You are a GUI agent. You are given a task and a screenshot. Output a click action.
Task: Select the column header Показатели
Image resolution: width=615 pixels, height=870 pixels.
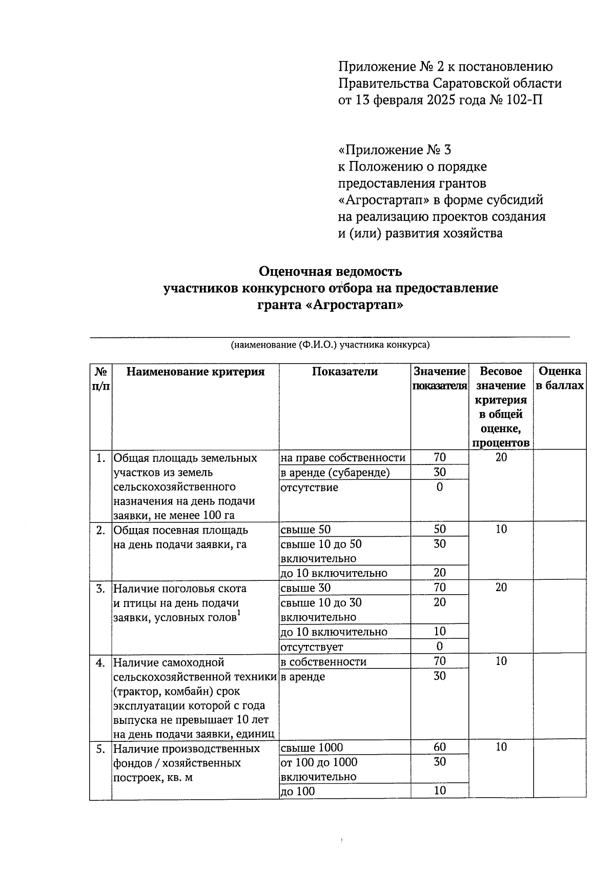(x=344, y=372)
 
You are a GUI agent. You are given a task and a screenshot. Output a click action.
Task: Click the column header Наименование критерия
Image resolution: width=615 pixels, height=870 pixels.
(x=195, y=372)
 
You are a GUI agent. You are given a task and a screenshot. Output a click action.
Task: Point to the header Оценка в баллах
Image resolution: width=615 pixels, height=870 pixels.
(x=560, y=378)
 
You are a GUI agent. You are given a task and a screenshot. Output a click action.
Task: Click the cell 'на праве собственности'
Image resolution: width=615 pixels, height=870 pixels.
(x=343, y=458)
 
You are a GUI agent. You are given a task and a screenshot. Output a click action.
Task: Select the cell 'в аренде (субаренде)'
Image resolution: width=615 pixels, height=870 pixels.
(x=335, y=473)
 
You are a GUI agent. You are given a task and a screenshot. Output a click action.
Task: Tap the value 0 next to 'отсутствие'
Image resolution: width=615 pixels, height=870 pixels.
(x=439, y=487)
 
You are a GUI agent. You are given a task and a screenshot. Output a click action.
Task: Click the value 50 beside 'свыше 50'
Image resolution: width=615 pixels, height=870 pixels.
(x=439, y=530)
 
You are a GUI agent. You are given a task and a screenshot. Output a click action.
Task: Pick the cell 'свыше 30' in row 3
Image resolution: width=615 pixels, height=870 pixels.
(x=305, y=588)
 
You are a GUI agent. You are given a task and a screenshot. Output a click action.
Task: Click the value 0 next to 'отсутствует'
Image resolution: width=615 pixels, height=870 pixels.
(x=439, y=646)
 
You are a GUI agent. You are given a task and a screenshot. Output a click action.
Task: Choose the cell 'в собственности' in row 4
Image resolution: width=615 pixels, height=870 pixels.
(x=323, y=662)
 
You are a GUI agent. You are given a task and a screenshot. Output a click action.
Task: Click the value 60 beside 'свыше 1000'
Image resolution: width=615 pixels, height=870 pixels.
(x=439, y=747)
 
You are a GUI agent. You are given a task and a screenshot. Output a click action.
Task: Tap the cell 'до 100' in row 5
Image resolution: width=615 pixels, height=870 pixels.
(x=298, y=792)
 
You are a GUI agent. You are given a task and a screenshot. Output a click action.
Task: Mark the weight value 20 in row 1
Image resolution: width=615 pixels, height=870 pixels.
(x=501, y=457)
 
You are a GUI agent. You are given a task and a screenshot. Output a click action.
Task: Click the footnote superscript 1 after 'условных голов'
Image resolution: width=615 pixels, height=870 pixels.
(x=239, y=613)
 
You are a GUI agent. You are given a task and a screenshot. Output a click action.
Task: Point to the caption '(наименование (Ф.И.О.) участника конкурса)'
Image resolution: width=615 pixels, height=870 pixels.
(x=330, y=345)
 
